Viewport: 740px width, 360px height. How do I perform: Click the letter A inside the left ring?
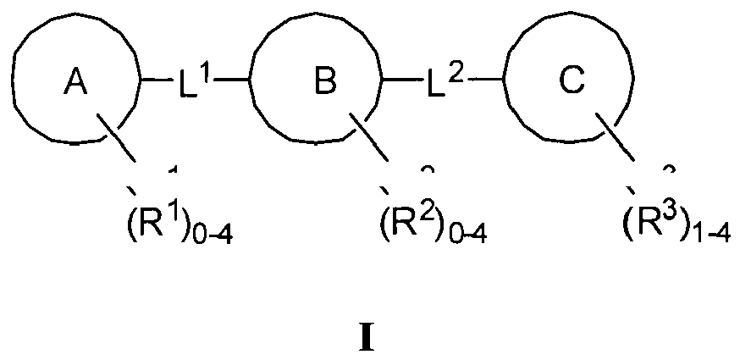click(x=75, y=81)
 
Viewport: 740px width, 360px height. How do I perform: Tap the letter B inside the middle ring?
click(x=323, y=81)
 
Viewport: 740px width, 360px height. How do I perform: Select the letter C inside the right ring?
click(x=571, y=81)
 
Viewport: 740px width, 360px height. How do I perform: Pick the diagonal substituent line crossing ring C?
click(x=616, y=139)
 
